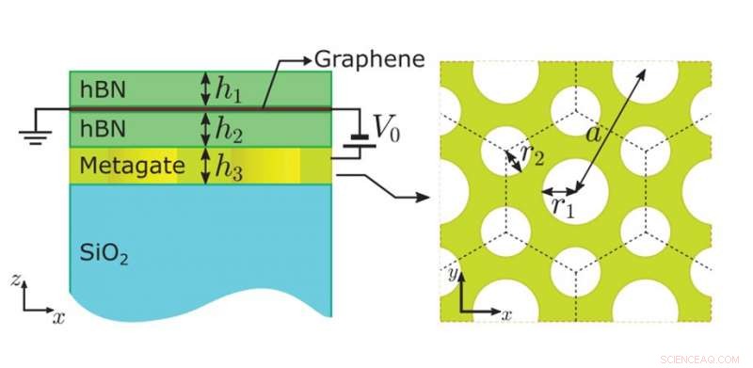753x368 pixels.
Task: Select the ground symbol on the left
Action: coord(37,132)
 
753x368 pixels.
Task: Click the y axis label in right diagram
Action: coord(452,274)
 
